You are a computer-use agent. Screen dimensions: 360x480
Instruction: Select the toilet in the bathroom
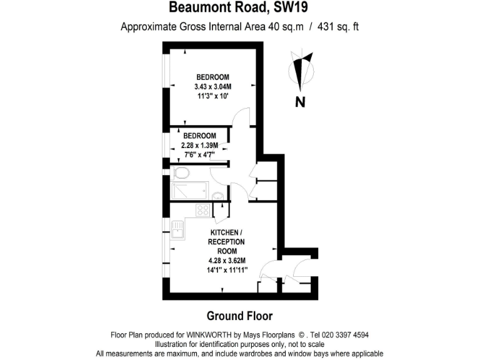point(182,173)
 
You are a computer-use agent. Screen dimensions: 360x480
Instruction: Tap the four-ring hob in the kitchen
point(203,211)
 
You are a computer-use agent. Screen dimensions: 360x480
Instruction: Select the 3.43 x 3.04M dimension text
point(212,87)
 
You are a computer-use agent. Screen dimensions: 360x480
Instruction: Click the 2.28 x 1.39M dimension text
point(199,144)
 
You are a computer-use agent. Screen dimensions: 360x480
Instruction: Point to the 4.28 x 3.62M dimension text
point(227,261)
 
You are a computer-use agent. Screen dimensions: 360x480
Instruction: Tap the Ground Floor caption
point(239,316)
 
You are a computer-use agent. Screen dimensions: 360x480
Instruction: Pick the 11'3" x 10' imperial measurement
point(212,96)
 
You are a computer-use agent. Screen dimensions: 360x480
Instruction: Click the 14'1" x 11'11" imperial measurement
point(227,270)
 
